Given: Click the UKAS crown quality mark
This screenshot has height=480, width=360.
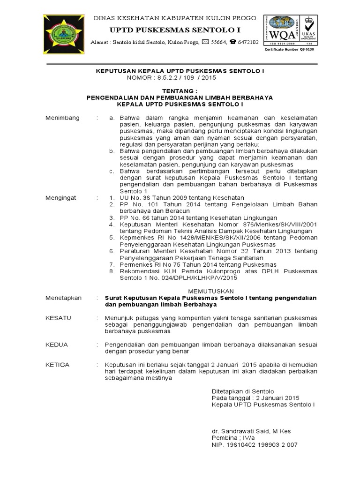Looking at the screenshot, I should pos(308,29).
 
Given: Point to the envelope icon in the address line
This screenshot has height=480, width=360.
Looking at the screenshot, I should pos(206,42).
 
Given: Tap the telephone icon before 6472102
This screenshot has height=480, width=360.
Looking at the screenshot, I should pos(233,42).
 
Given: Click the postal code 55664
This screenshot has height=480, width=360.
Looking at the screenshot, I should pos(219,42).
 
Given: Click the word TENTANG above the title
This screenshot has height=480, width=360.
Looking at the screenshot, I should pos(180,90).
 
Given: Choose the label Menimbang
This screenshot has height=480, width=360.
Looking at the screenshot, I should pos(62,117).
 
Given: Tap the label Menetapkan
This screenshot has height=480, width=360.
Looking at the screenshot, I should pos(64,298).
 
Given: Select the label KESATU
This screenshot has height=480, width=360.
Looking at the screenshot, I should pos(58,318).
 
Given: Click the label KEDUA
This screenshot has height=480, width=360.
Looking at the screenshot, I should pos(56,344).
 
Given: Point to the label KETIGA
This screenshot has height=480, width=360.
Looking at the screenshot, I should pos(58,364).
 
